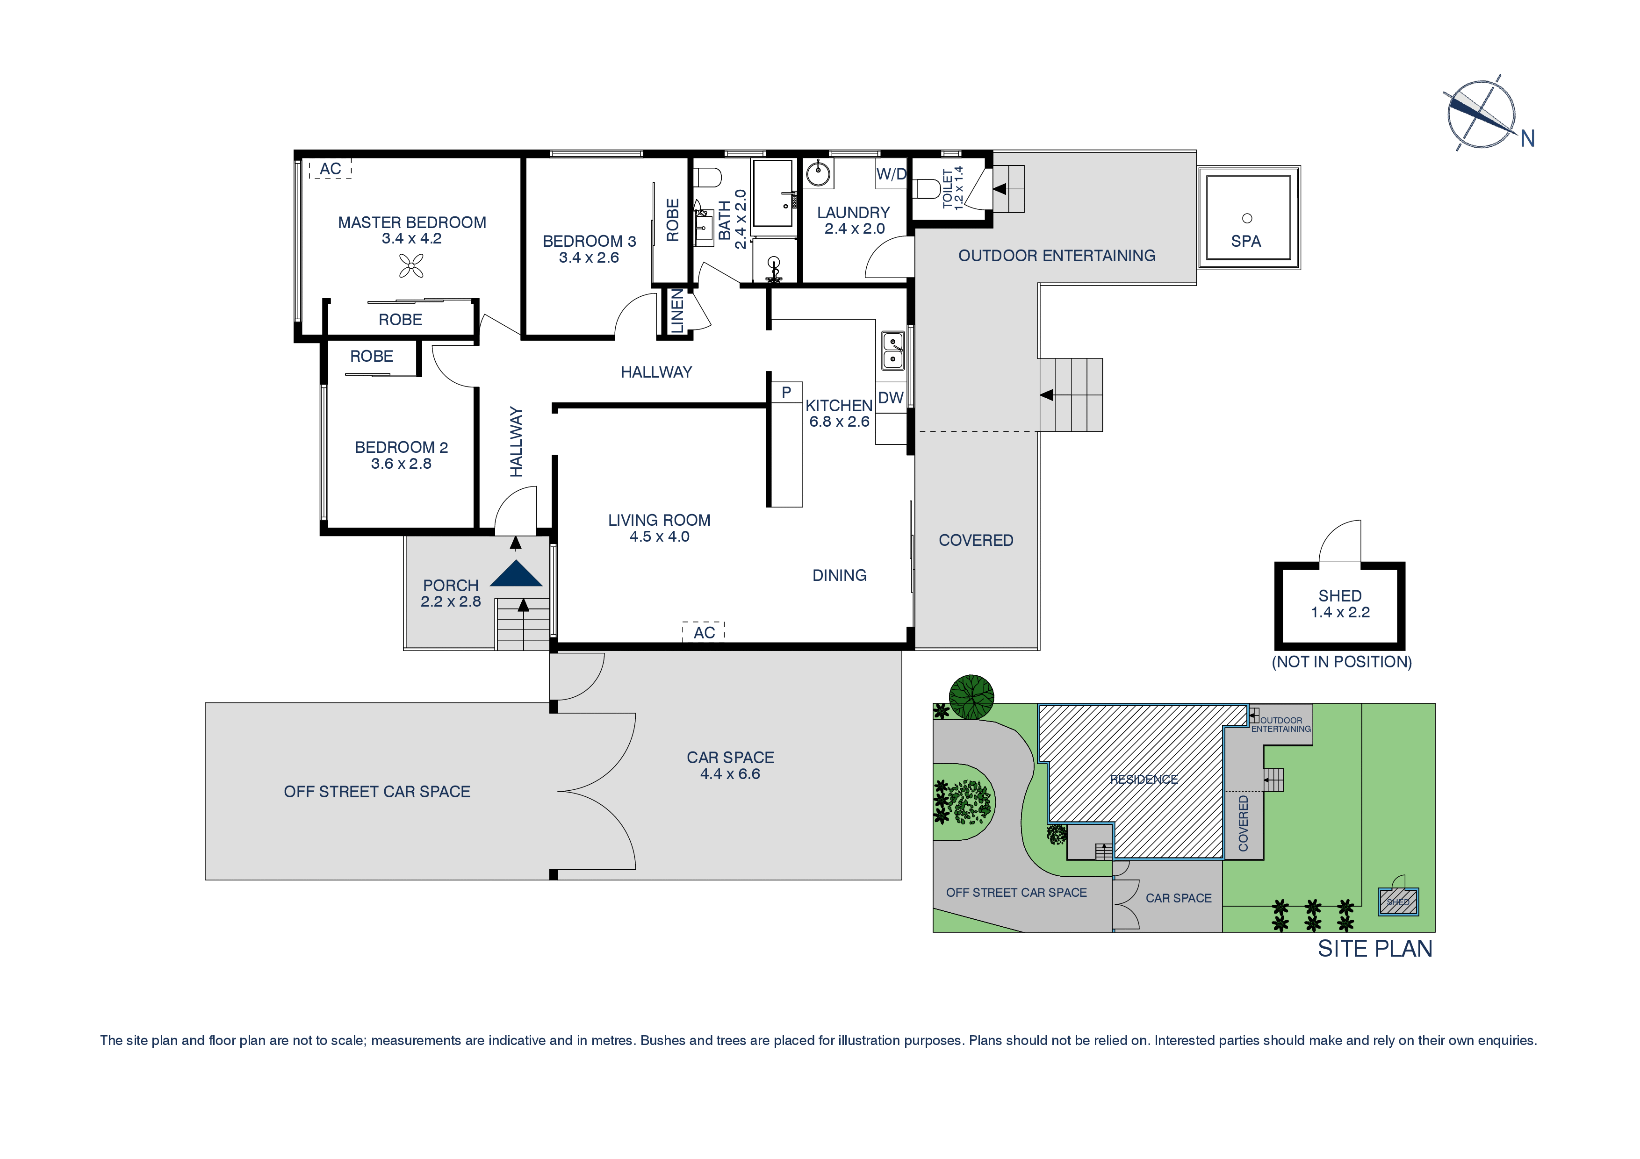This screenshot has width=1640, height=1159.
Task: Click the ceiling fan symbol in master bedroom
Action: (411, 266)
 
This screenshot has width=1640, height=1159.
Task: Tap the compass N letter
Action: (1527, 138)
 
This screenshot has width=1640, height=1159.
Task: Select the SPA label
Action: (1246, 241)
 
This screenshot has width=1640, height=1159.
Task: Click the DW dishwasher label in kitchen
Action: (890, 398)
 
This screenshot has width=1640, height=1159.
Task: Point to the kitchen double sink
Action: (892, 351)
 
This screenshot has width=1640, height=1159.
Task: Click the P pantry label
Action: (786, 392)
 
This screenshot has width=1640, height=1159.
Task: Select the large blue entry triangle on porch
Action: (516, 574)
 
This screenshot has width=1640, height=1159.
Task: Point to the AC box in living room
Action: (704, 632)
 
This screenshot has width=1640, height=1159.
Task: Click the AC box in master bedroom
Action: (330, 169)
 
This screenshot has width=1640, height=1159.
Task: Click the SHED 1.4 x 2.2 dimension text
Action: (1339, 612)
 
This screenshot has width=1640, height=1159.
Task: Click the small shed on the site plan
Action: (1397, 902)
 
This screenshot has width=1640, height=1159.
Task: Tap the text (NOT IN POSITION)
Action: (1341, 662)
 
